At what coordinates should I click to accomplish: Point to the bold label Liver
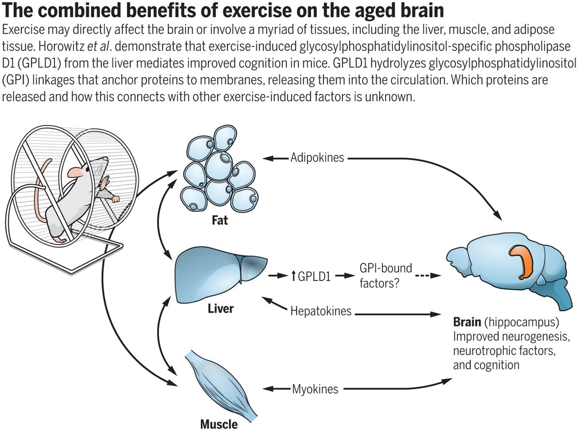point(220,308)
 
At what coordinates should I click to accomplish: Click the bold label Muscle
point(219,424)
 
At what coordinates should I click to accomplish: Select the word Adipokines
point(317,158)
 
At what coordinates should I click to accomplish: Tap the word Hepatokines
point(321,311)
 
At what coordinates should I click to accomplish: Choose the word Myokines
point(315,389)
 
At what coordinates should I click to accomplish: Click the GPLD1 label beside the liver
point(314,276)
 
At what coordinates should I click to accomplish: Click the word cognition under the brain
point(496,364)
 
